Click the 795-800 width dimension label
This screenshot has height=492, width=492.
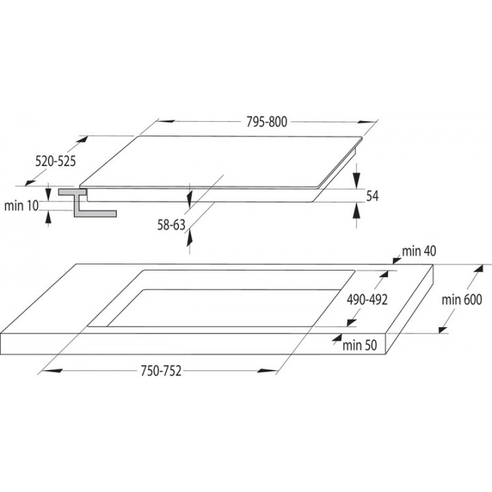tap(266, 122)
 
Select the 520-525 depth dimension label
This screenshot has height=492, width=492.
tap(55, 161)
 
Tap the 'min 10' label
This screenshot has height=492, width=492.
tap(22, 206)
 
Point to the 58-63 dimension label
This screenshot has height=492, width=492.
tap(172, 224)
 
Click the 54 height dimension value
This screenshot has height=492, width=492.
tap(373, 196)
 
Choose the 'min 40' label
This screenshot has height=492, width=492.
tap(419, 251)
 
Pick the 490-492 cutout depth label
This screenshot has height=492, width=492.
tap(367, 300)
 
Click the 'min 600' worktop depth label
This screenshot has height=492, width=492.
tap(462, 300)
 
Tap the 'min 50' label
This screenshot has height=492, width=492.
tap(360, 345)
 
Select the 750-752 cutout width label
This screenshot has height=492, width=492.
tap(161, 371)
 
